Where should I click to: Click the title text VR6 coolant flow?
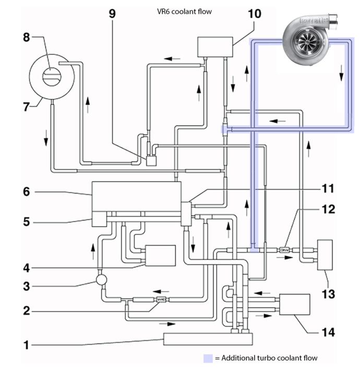click(x=184, y=11)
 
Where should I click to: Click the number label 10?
click(x=254, y=13)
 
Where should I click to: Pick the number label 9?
click(x=112, y=13)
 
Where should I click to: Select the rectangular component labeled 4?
click(x=160, y=255)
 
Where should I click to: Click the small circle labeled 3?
click(x=101, y=280)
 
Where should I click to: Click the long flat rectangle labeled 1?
click(x=208, y=339)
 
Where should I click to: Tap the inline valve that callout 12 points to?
click(x=285, y=250)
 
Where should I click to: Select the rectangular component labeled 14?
click(x=295, y=305)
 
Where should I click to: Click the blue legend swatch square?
click(x=208, y=358)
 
